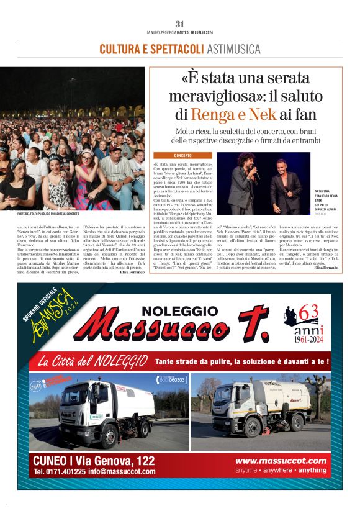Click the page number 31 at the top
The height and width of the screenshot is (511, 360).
point(180,24)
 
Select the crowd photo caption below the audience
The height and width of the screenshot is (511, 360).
point(52,214)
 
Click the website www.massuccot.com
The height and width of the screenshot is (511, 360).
point(281,461)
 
